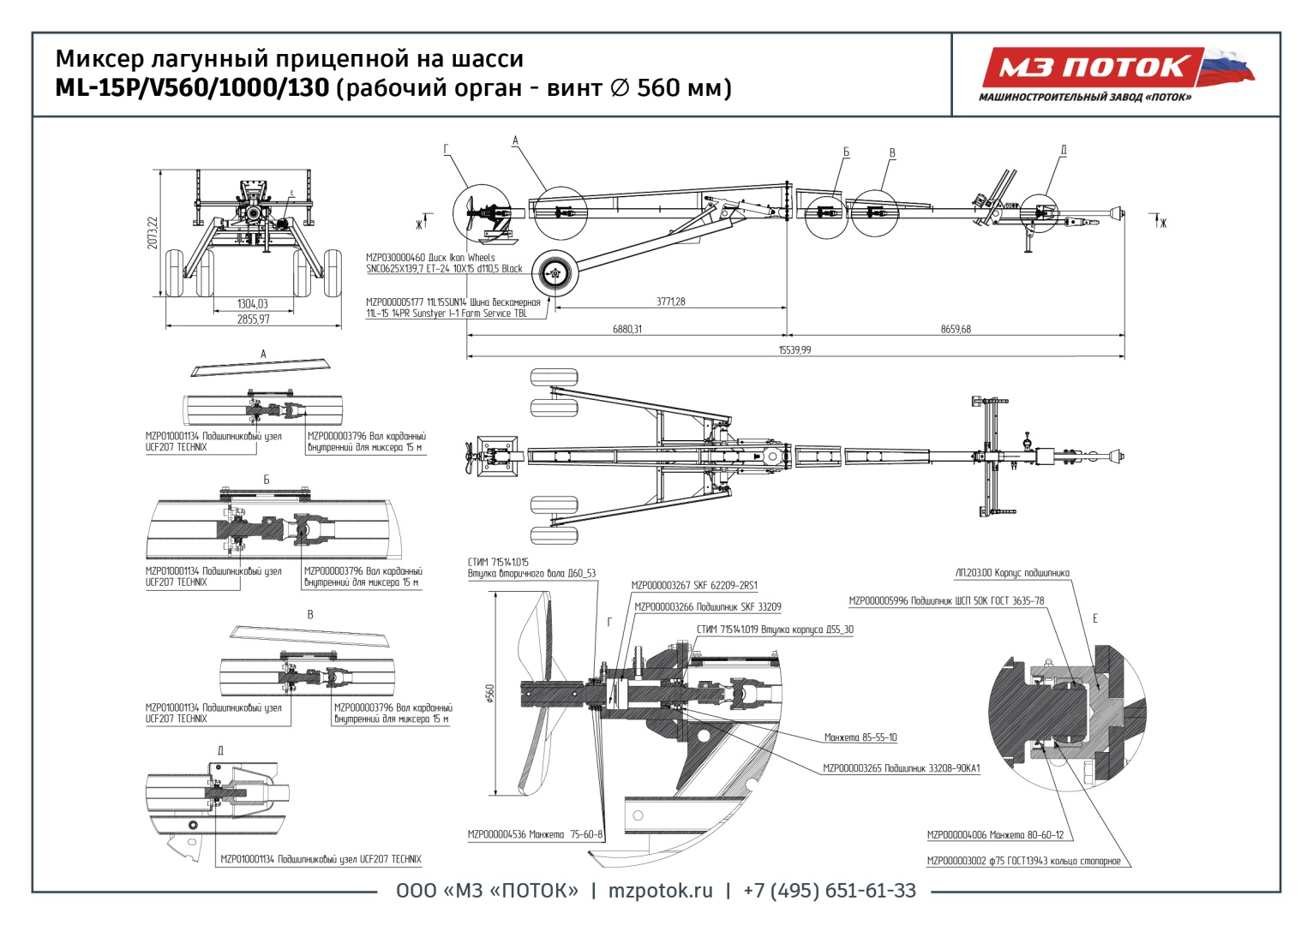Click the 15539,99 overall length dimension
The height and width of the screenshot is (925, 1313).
coord(794,350)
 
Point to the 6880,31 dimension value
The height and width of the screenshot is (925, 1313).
coord(627,330)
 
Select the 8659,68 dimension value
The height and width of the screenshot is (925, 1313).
coord(956,330)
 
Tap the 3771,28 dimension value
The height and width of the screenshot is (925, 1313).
coord(670,301)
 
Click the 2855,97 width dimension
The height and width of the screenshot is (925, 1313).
coord(253,319)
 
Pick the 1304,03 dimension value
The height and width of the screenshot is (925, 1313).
coord(253,304)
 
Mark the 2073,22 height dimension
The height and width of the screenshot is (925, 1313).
coord(153,233)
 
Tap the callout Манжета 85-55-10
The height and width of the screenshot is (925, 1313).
coord(860,737)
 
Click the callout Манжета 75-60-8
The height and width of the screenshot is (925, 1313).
coord(536,834)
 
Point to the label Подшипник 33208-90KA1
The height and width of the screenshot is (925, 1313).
coord(901,768)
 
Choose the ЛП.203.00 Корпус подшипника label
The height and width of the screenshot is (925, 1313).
coord(1011,573)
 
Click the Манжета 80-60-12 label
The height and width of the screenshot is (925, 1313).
coord(995,834)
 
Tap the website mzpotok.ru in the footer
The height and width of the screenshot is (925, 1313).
coord(660,891)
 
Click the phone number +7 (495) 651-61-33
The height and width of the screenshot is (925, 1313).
coord(829,891)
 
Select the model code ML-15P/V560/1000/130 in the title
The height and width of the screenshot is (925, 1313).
coord(192,88)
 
